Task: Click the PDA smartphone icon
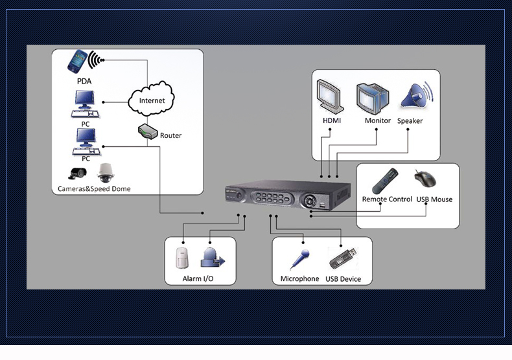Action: point(79,62)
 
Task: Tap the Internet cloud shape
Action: point(152,100)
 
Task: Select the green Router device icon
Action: point(148,132)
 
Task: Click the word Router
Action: point(170,135)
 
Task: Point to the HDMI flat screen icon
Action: point(331,97)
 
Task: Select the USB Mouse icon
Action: point(426,179)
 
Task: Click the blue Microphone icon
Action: point(299,258)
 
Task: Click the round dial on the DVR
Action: point(314,200)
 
